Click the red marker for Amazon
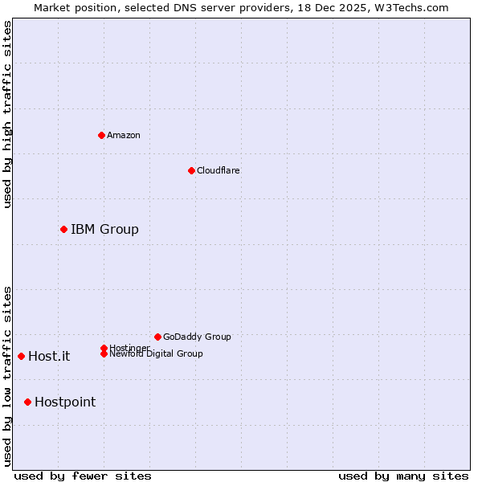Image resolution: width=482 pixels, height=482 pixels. pyautogui.click(x=101, y=135)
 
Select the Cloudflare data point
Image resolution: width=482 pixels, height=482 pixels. pyautogui.click(x=191, y=170)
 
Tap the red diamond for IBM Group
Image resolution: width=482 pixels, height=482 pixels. pyautogui.click(x=63, y=230)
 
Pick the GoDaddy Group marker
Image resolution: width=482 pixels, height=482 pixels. pyautogui.click(x=157, y=337)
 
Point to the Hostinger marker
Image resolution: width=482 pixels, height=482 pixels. pyautogui.click(x=104, y=348)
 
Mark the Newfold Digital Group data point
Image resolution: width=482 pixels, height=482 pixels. pyautogui.click(x=104, y=353)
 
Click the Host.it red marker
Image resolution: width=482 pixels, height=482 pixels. pyautogui.click(x=21, y=356)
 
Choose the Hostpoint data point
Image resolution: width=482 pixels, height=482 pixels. pyautogui.click(x=27, y=402)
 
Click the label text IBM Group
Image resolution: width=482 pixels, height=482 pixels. pyautogui.click(x=104, y=230)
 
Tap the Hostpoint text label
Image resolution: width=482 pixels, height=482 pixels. pyautogui.click(x=65, y=402)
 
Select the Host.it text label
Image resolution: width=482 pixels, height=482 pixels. pyautogui.click(x=49, y=357)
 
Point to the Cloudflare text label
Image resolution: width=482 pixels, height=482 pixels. pyautogui.click(x=219, y=170)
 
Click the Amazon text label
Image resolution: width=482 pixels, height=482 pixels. pyautogui.click(x=124, y=135)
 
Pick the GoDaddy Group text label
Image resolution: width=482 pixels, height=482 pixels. pyautogui.click(x=197, y=337)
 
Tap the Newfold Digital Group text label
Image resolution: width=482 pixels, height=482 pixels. pyautogui.click(x=156, y=354)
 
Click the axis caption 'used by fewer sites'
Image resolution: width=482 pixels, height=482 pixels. pyautogui.click(x=83, y=476)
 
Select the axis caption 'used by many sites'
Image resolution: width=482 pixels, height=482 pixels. pyautogui.click(x=403, y=476)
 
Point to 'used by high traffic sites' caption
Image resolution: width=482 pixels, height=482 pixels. pyautogui.click(x=7, y=114)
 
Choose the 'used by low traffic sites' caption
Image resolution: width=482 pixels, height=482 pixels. pyautogui.click(x=7, y=375)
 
